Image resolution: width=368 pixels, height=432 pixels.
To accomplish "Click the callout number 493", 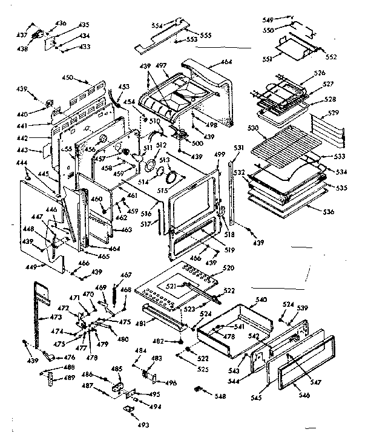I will click(128, 424).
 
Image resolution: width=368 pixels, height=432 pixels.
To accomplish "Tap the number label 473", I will click(55, 317).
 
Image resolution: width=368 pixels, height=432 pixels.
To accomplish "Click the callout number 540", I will click(261, 299).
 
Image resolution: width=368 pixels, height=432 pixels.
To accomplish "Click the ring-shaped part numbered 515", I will click(172, 178).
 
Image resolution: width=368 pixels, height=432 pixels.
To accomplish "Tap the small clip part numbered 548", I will click(199, 388).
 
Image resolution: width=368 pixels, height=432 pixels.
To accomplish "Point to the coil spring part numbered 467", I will click(114, 292).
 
